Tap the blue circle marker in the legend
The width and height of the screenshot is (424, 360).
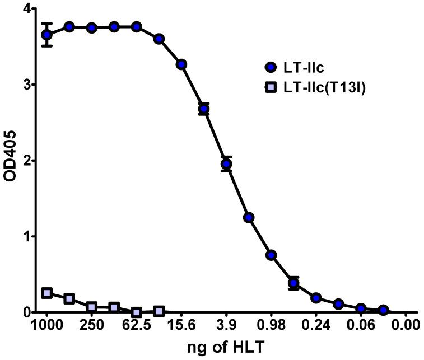[x=271, y=68]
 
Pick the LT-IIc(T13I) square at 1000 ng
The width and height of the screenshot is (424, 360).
[x=47, y=293]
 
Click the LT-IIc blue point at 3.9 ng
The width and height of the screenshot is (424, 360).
[x=226, y=164]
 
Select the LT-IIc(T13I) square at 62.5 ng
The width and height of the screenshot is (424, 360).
[x=137, y=312]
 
